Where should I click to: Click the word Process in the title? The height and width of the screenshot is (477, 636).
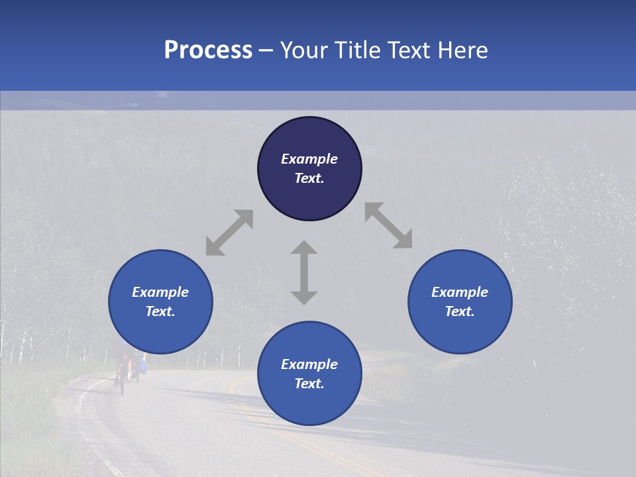click(208, 50)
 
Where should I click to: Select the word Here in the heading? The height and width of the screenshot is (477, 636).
click(462, 50)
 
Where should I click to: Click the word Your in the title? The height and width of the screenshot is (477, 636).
click(303, 50)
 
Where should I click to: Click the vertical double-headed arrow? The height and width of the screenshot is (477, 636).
click(303, 272)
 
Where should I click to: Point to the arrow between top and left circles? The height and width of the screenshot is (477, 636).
click(229, 233)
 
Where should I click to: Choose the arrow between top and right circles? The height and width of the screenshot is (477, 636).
click(388, 225)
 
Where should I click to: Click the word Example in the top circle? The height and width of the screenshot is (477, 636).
click(309, 159)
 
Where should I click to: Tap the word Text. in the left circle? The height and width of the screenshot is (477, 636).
click(160, 311)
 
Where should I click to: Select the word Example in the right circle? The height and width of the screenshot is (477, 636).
click(460, 292)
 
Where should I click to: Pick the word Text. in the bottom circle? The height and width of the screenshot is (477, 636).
click(309, 384)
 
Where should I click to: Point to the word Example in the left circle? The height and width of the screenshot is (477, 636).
click(160, 292)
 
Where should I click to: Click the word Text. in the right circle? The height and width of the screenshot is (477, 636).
click(460, 311)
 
